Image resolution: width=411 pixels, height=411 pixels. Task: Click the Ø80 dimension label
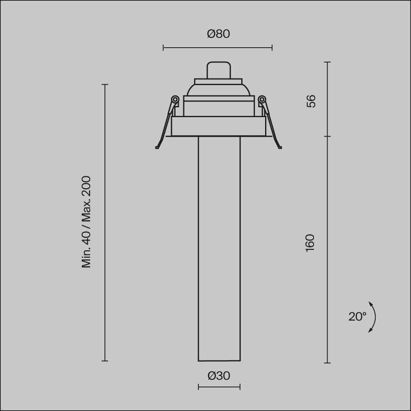point(218,34)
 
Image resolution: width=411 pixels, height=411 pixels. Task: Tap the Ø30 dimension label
point(219,376)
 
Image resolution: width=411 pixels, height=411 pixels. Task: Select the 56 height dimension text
point(311,101)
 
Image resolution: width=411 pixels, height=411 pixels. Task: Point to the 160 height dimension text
point(310,243)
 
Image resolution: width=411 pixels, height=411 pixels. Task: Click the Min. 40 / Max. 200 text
point(86,222)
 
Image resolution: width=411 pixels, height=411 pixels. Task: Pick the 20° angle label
point(357,316)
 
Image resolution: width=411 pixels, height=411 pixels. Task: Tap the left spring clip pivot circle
point(175,99)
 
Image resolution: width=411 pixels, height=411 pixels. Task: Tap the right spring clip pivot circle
point(262,99)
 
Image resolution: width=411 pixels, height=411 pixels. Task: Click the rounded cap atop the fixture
point(218,70)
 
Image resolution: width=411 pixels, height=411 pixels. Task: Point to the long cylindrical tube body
point(219,247)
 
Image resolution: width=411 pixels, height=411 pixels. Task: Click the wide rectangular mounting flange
point(218,127)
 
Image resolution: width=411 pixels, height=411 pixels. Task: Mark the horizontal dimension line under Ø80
point(217,48)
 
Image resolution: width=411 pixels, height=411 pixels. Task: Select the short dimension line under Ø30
point(219,387)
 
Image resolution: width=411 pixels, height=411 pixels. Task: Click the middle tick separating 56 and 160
point(328,136)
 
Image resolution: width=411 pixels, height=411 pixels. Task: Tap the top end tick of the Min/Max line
point(105,85)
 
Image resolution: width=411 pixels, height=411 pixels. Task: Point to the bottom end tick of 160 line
point(328,363)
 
